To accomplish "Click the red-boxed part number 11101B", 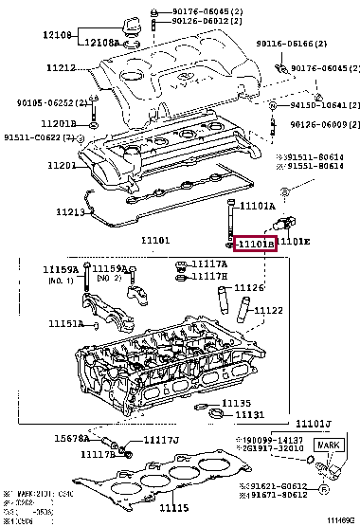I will pos(255,245).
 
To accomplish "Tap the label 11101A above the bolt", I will pos(257,206).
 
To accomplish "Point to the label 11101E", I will pos(295,243).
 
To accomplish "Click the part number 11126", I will pos(249,287).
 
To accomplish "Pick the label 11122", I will pos(268,310).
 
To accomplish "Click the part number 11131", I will pos(250,414).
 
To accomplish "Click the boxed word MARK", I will pos(327,445).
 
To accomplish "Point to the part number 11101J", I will pos(314,423).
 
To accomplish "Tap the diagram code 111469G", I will pos(339,520).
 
